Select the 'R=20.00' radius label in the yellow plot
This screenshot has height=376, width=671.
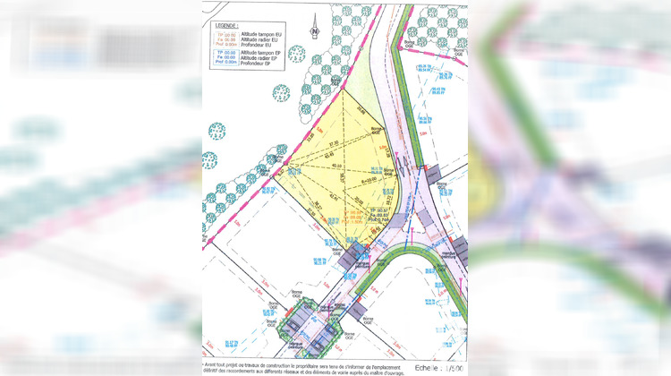coord(364,179)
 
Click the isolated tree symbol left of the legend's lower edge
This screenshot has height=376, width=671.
coord(217,131)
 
